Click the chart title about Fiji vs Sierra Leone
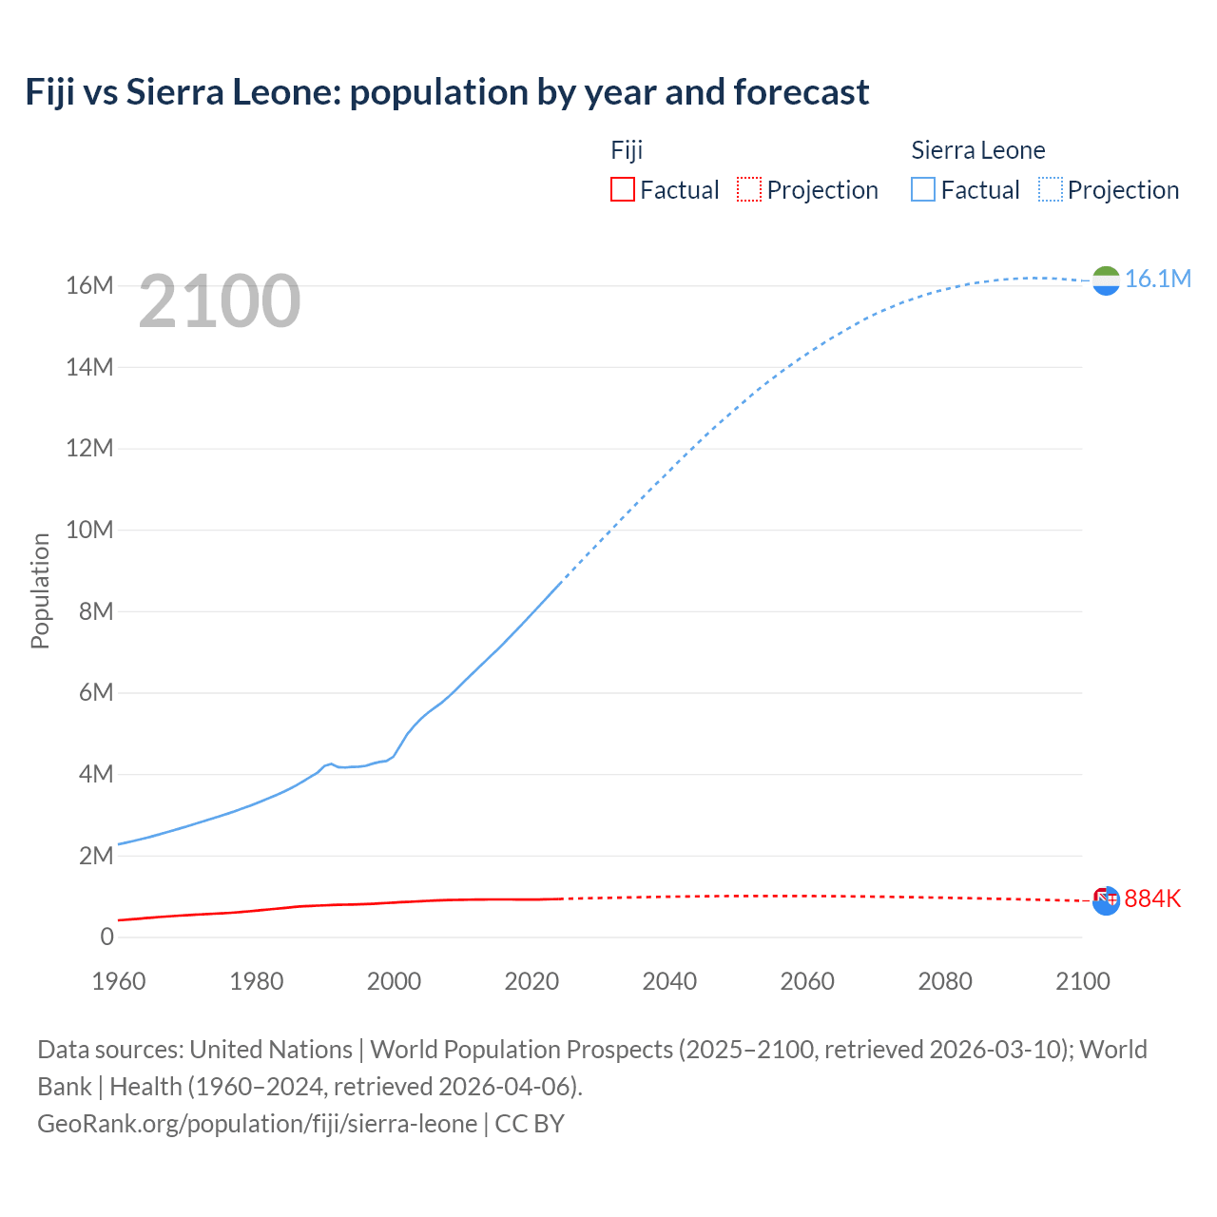click(x=447, y=92)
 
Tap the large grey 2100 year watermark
click(x=220, y=301)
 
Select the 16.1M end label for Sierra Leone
click(x=1157, y=279)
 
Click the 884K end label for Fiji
click(x=1152, y=898)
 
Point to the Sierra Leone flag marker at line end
click(x=1106, y=280)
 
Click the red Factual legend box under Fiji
click(x=622, y=189)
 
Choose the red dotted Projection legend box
click(x=749, y=189)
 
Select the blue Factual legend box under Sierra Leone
click(x=923, y=189)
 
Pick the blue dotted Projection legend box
click(x=1051, y=189)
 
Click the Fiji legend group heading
click(x=627, y=150)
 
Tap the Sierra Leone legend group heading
click(x=977, y=150)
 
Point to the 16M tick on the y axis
click(x=89, y=285)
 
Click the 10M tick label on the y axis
click(x=89, y=530)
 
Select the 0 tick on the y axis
click(x=106, y=937)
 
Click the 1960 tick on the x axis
click(x=119, y=981)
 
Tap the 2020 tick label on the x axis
click(x=531, y=981)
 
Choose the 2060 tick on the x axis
click(x=807, y=981)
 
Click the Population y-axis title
click(x=40, y=590)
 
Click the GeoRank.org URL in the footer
click(x=257, y=1124)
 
